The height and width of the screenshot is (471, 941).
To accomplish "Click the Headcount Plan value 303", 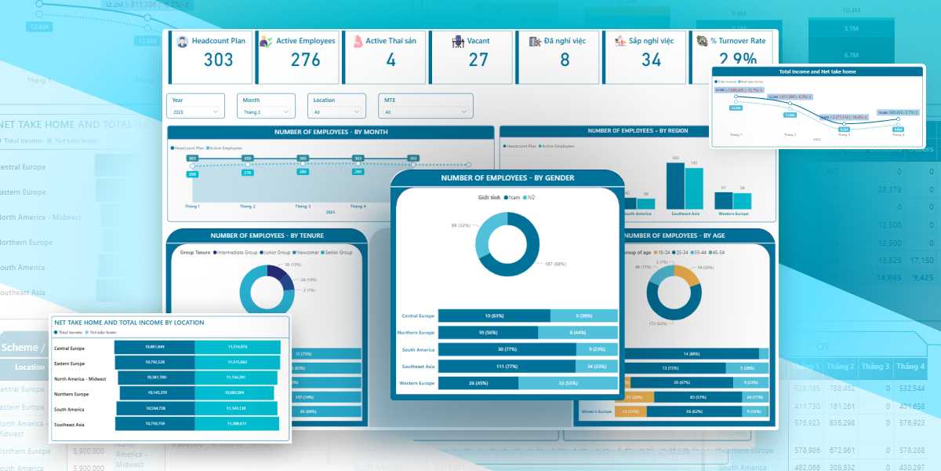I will [x=218, y=60].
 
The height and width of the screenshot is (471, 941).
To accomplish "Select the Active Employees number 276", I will [x=305, y=60].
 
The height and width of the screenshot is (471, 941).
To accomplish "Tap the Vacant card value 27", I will [x=478, y=60].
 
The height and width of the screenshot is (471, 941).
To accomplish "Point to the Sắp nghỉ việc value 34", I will [x=651, y=60].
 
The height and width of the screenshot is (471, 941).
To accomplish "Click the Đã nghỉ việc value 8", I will [x=565, y=60].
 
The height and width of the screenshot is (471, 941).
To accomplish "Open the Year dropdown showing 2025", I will [x=195, y=112].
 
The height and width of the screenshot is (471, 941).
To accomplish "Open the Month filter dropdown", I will [x=267, y=112].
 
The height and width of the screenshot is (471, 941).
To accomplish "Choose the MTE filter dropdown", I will [x=427, y=112].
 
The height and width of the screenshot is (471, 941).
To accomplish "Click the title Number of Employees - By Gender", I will [x=507, y=178].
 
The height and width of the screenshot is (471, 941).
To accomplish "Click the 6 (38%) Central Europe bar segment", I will [x=583, y=316].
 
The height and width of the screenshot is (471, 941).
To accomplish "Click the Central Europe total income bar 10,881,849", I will [x=154, y=347].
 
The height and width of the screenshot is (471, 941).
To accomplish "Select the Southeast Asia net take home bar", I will [x=238, y=424].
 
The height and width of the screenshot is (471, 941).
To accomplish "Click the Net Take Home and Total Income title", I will [x=129, y=322].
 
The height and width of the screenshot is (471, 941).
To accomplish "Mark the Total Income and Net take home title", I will [x=818, y=71].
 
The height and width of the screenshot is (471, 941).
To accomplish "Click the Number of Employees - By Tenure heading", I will [x=267, y=235].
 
